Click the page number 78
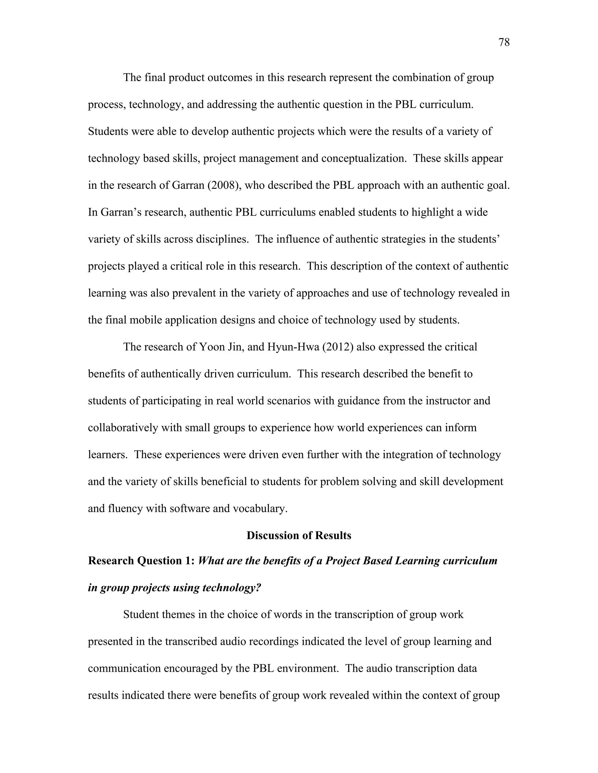(x=504, y=43)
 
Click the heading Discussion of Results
(x=299, y=536)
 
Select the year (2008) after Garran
(x=222, y=185)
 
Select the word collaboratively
(x=123, y=428)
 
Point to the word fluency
(x=125, y=509)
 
